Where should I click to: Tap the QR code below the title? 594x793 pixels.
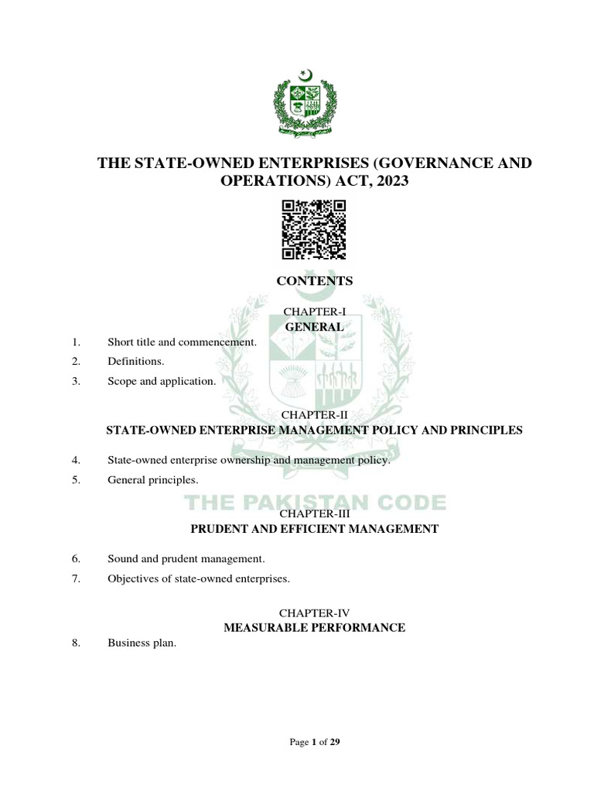tap(314, 229)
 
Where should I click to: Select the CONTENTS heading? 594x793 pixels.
tap(314, 281)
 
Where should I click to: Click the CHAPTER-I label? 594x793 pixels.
tap(314, 311)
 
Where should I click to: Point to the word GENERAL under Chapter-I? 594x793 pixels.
tap(314, 327)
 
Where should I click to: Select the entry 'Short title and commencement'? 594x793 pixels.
tap(181, 342)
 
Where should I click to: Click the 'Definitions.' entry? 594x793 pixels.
tap(136, 361)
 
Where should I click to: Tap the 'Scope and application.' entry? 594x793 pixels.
tap(161, 381)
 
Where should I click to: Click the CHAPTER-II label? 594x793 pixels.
tap(314, 415)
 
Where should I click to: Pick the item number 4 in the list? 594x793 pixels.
tap(77, 460)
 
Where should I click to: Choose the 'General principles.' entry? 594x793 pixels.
tap(147, 480)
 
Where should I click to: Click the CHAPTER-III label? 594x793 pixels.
tap(314, 513)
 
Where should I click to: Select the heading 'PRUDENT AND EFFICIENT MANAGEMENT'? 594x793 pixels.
tap(314, 530)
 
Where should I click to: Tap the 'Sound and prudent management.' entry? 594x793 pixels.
tap(186, 558)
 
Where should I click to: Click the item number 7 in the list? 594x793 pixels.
tap(77, 578)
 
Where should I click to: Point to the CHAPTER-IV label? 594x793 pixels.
tap(314, 612)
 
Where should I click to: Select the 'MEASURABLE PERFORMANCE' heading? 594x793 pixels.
tap(314, 627)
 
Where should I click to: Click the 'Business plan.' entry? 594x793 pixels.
tap(142, 643)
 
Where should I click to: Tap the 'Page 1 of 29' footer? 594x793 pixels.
tap(314, 742)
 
